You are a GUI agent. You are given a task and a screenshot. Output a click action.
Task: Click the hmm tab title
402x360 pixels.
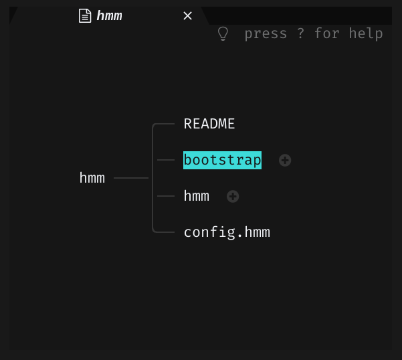coord(110,16)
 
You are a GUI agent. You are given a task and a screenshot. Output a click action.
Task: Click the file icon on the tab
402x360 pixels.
coord(85,16)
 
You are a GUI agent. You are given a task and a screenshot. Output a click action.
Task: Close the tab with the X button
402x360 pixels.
coord(188,16)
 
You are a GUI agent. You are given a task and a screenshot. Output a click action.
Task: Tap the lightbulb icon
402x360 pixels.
coord(223,33)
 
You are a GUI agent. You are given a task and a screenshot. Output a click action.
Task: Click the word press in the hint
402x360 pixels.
coord(266,33)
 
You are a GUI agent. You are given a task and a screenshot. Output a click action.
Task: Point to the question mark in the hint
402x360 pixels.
coord(301,33)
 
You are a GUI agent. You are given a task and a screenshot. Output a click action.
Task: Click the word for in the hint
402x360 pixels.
coord(327,33)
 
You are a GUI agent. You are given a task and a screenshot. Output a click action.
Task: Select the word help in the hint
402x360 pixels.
coord(366,33)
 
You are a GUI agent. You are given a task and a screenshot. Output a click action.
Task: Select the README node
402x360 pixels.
coord(209,124)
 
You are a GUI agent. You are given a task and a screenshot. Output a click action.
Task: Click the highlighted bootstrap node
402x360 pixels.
coord(222,160)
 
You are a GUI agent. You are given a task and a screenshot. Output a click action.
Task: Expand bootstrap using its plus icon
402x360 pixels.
coord(285,161)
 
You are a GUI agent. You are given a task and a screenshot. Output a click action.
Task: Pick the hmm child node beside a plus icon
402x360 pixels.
coord(197,196)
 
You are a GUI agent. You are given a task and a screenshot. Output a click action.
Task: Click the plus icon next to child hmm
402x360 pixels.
coord(233,197)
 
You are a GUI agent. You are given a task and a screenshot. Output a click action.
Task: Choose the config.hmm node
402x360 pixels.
coord(227,232)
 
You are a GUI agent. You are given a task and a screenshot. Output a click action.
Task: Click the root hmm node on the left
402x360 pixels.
coord(92,178)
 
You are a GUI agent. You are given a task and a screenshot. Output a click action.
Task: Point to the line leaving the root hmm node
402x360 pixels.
coord(130,178)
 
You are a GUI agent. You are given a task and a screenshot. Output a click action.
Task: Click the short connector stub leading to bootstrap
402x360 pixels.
coord(165,161)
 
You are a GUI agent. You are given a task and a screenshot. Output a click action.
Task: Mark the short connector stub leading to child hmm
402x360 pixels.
coord(165,196)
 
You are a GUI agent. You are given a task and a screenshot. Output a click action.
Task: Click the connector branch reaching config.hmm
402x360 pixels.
coord(165,232)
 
